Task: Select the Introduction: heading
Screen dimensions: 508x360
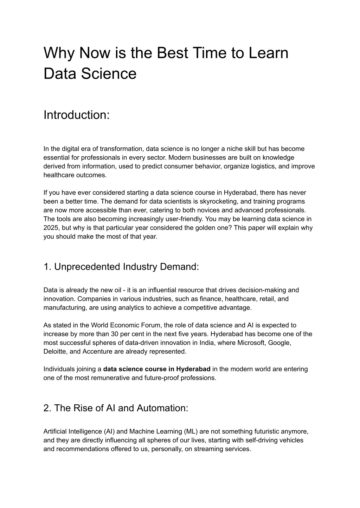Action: point(77,115)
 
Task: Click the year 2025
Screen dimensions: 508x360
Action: point(50,228)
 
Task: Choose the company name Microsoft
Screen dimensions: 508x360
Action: point(251,343)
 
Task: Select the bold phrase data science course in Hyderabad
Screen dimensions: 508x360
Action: point(157,369)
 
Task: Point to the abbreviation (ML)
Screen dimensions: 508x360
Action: point(191,431)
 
